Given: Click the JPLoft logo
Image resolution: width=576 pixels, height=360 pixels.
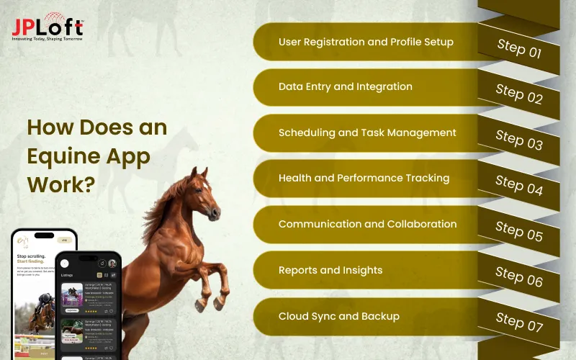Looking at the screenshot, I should point(48,26).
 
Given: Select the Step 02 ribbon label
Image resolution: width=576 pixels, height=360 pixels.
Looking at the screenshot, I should point(518,94).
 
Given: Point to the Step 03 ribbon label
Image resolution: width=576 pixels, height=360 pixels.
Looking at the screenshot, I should point(518,140).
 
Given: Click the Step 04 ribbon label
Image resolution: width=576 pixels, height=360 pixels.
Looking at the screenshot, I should point(518,186).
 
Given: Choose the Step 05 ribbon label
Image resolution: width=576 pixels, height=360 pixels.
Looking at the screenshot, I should point(518,231).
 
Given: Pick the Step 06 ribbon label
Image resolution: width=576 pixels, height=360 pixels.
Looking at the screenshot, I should point(518,277).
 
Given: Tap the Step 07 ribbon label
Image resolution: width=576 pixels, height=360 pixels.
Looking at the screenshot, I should point(518,323).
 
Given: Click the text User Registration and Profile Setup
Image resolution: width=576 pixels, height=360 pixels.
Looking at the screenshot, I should point(366,42).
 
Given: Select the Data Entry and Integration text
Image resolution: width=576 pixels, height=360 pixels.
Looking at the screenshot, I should point(346,87).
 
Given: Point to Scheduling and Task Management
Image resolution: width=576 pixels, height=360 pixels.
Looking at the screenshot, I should point(367,133).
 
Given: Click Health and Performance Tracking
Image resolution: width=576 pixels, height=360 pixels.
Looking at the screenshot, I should point(364,179).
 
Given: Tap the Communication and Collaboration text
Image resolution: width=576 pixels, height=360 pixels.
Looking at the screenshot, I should point(367,224).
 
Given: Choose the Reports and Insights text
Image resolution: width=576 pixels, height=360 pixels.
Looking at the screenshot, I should point(330,270).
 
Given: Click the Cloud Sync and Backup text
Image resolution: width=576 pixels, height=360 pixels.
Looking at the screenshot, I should point(338,316).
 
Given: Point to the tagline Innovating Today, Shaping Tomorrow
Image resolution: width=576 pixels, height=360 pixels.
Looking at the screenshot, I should point(48,39).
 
